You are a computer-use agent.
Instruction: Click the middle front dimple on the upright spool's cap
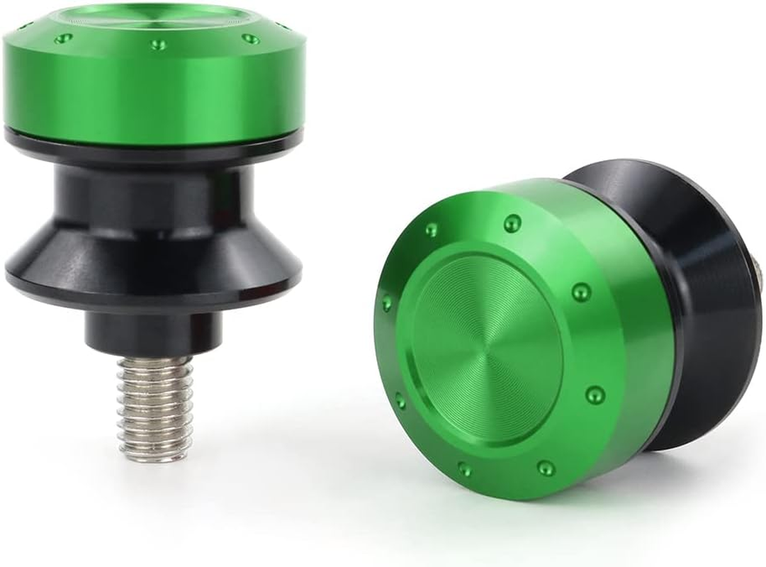point(158,44)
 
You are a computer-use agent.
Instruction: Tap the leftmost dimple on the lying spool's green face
point(387,303)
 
